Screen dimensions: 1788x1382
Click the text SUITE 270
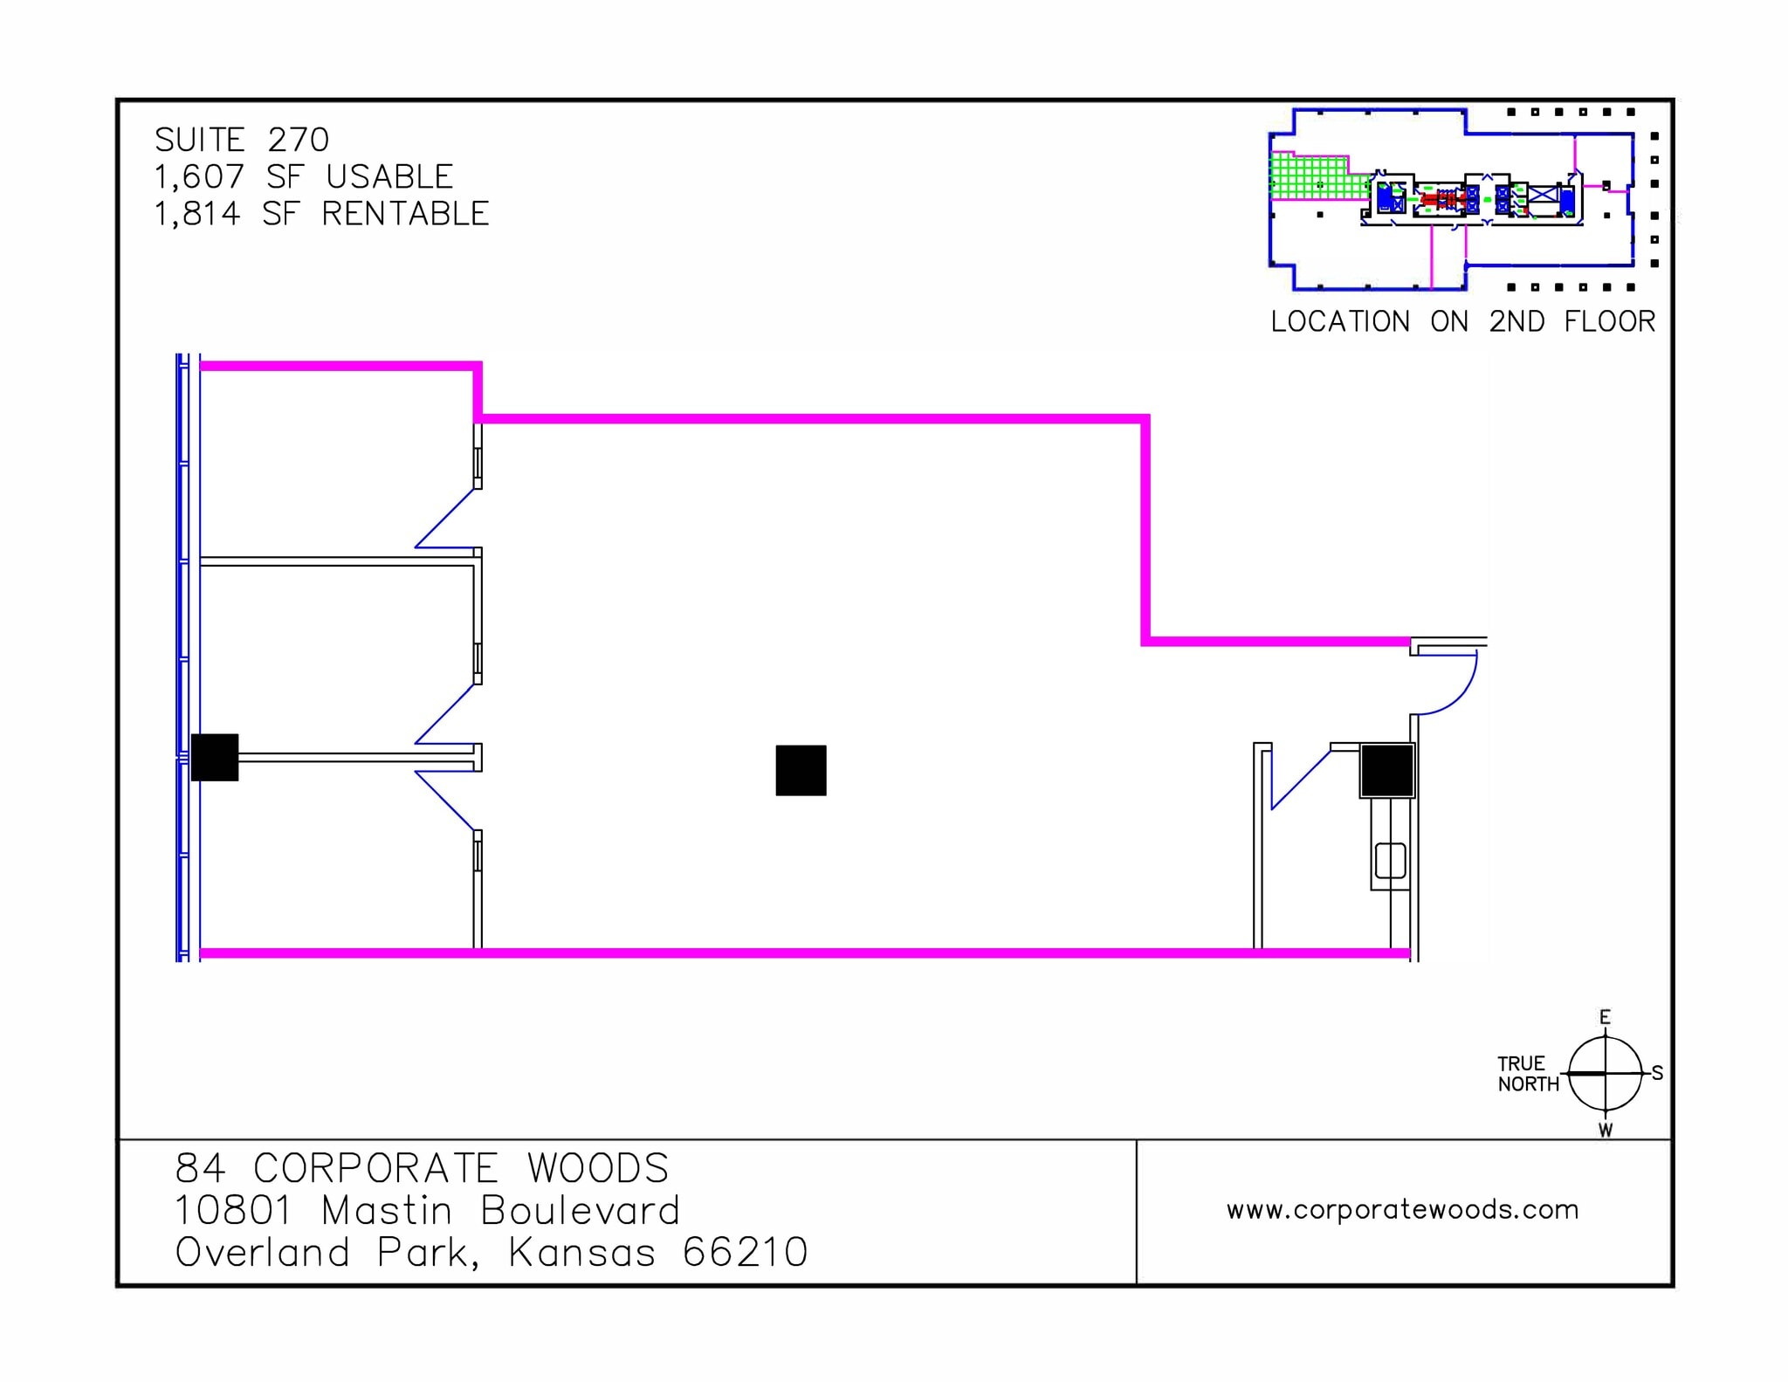(x=242, y=140)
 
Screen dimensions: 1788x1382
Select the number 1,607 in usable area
(x=199, y=177)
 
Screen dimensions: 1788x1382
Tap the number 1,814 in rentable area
(x=197, y=214)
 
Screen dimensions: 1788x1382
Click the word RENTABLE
(x=405, y=214)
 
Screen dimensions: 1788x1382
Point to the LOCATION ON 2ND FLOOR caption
(x=1462, y=321)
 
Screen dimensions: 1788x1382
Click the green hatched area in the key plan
(x=1310, y=176)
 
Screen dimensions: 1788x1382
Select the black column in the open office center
(x=801, y=770)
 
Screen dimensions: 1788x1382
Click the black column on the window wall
(x=215, y=757)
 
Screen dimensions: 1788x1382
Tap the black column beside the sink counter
(x=1387, y=771)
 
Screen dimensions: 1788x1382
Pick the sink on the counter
(x=1390, y=860)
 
